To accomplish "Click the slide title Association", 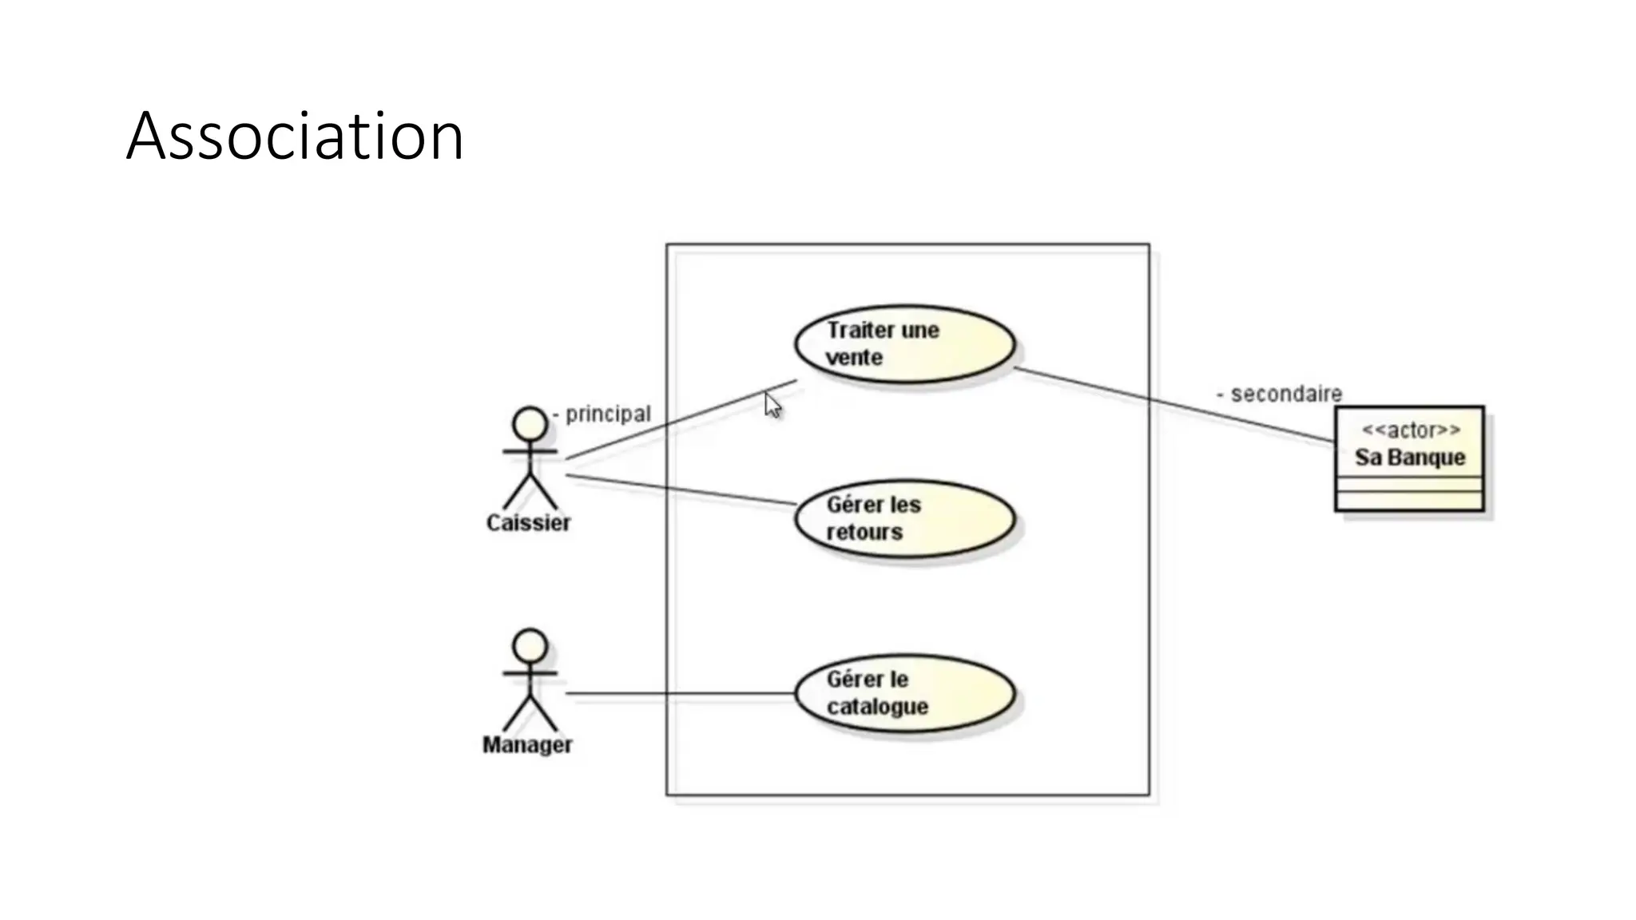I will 295,137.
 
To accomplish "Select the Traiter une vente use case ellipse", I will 904,344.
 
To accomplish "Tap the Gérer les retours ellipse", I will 904,519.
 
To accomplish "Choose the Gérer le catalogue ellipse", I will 904,693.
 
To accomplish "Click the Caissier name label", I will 528,523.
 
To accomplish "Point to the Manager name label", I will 527,745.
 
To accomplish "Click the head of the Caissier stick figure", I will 530,423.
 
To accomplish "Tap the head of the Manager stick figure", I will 530,645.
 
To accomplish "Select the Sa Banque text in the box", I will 1410,458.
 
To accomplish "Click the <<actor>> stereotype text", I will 1411,430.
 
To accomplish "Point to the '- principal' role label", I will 602,414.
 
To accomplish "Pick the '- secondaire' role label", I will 1279,394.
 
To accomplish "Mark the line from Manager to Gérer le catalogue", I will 679,693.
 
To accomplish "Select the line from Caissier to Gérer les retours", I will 679,490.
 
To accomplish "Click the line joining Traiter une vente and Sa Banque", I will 1174,405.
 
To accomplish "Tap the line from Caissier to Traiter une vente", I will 679,420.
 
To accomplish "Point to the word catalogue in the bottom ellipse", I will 877,707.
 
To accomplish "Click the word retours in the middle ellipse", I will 864,532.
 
